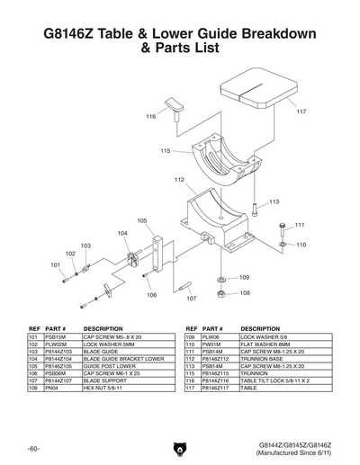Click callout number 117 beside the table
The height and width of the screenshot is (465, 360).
(x=301, y=112)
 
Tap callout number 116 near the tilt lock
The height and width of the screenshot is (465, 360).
(x=150, y=117)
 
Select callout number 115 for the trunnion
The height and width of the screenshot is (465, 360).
(x=166, y=151)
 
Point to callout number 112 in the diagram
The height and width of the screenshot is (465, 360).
(x=179, y=180)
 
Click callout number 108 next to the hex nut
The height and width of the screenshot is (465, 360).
(x=244, y=292)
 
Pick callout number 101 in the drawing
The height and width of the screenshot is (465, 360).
(x=55, y=265)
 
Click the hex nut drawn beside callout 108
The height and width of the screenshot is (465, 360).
(x=221, y=292)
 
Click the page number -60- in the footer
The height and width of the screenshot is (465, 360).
(x=33, y=447)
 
